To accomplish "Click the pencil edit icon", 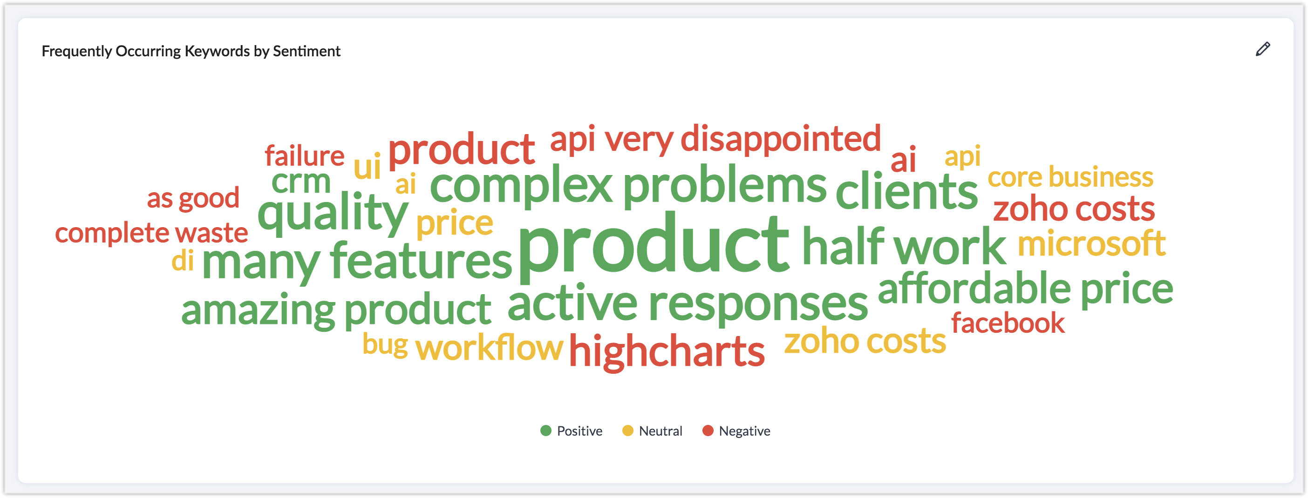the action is [x=1263, y=49].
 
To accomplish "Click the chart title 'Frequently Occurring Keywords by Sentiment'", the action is [x=191, y=51].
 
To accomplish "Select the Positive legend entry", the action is [x=571, y=431].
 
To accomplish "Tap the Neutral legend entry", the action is [x=652, y=431].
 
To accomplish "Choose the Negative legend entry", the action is [x=736, y=431].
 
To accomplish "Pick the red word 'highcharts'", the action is [x=667, y=350].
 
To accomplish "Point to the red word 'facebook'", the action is [x=1008, y=323].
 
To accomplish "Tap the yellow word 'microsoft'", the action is [x=1092, y=243].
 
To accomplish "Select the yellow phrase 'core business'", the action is [x=1070, y=177].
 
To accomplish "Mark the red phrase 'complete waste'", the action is [x=151, y=233].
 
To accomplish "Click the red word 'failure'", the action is [x=305, y=156].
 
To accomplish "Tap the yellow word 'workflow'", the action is [x=489, y=347].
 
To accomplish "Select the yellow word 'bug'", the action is [x=385, y=345].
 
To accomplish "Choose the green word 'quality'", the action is [x=333, y=214].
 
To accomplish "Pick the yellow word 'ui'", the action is [x=367, y=166].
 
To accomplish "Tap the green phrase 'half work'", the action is [x=904, y=247].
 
